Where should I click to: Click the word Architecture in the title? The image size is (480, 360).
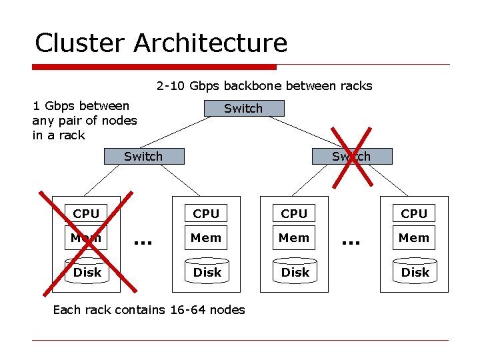tap(211, 43)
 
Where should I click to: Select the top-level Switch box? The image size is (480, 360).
tap(243, 108)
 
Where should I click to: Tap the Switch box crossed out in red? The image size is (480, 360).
tap(351, 157)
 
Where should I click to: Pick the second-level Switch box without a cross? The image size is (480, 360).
tap(143, 157)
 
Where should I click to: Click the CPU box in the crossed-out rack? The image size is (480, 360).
tap(86, 213)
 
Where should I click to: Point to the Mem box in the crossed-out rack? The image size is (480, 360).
tap(86, 237)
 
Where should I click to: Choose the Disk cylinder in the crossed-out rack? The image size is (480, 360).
tap(87, 272)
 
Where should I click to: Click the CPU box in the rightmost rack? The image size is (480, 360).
tap(414, 213)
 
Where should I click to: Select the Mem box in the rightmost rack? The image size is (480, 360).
tap(414, 237)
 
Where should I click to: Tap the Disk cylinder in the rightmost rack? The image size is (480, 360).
tap(415, 272)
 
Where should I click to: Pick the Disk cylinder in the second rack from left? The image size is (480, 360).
tap(207, 272)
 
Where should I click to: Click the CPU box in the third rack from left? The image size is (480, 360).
tap(294, 213)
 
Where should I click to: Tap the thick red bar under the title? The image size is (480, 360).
tap(154, 67)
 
